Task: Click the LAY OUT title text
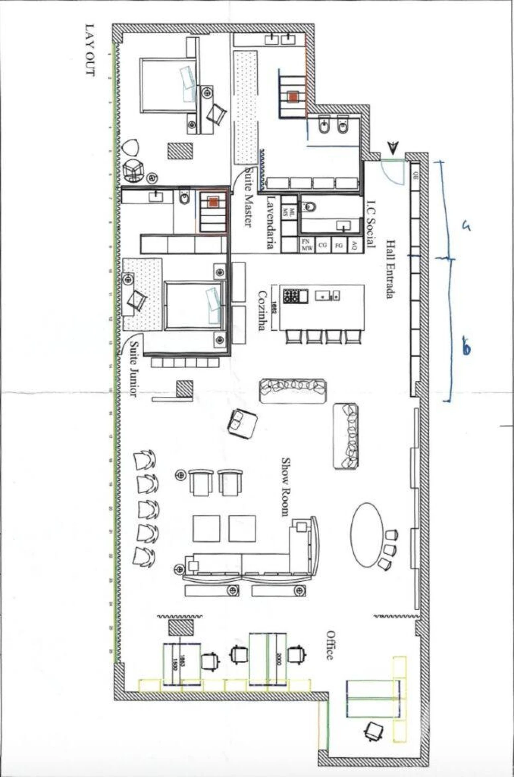[x=89, y=50]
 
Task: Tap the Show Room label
[x=286, y=486]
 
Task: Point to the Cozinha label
[x=262, y=310]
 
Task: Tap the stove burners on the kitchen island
[x=291, y=296]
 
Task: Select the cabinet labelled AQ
[x=354, y=245]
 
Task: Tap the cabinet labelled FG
[x=338, y=245]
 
